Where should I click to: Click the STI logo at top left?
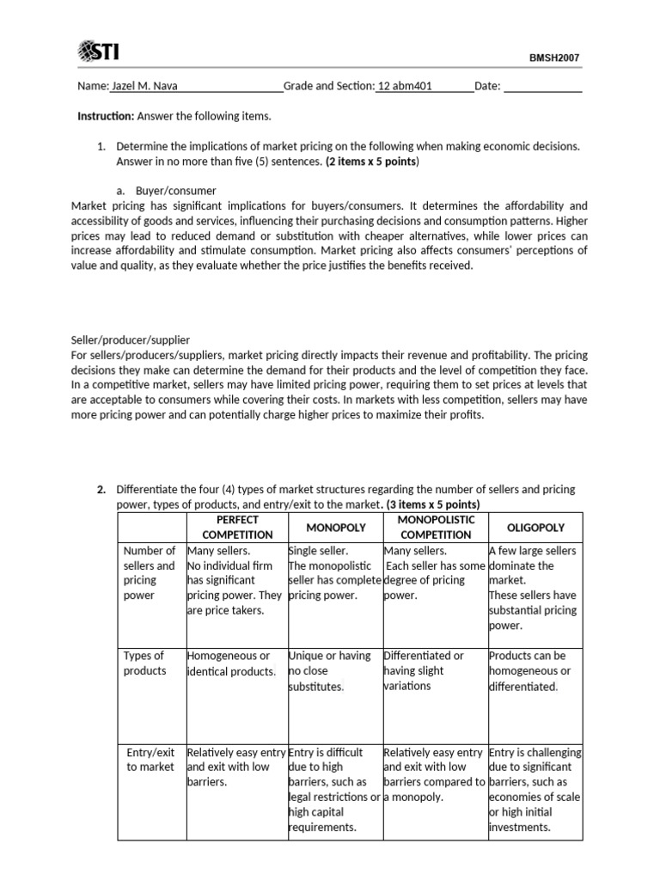coord(98,53)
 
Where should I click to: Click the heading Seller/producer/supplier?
coord(130,339)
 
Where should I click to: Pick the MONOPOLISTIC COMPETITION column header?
coord(436,527)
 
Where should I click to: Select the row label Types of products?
coord(144,663)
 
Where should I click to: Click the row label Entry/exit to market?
coord(150,759)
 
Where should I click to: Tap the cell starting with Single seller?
coord(333,572)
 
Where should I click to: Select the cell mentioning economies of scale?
coord(534,789)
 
